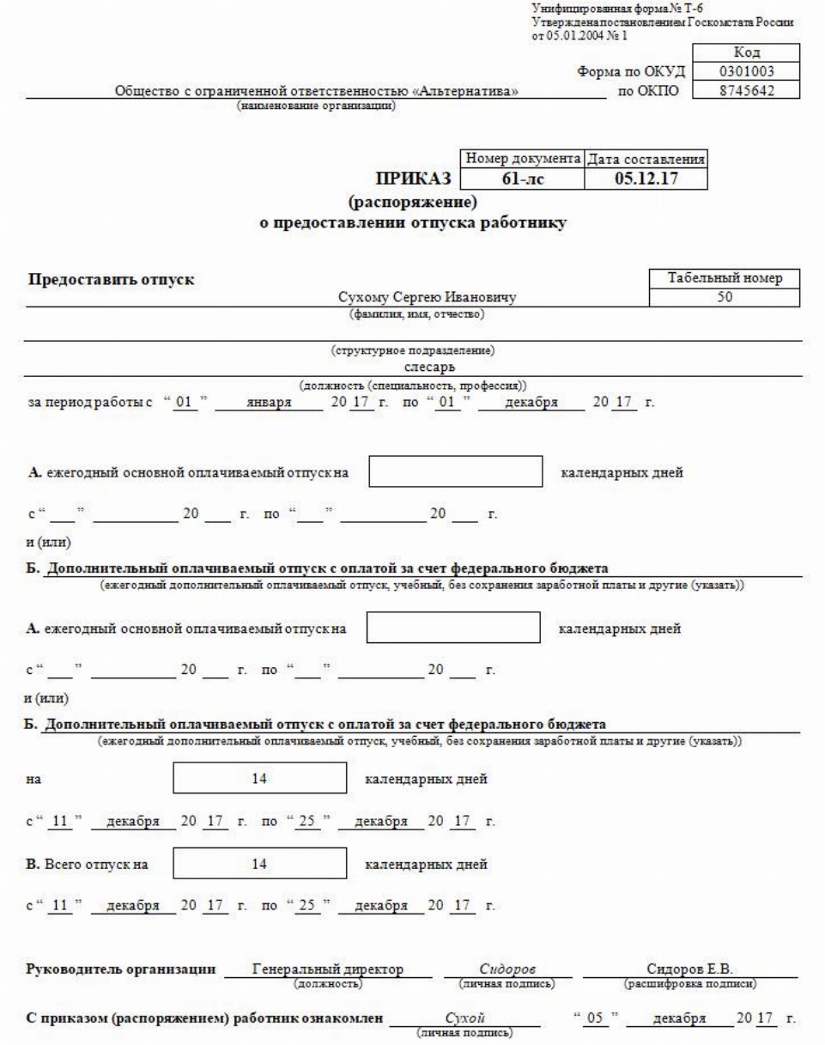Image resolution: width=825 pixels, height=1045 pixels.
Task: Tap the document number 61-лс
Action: coord(521,179)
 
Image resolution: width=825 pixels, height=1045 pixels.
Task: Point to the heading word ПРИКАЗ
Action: coord(411,179)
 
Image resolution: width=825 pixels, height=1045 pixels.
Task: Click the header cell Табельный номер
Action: coord(727,278)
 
